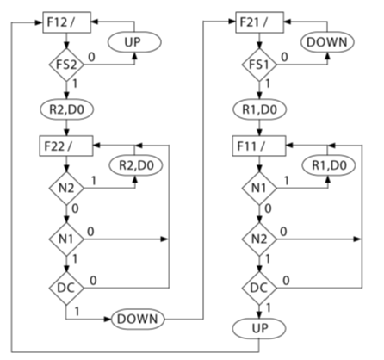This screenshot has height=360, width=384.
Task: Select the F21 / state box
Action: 259,20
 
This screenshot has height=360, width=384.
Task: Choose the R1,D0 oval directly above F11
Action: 259,109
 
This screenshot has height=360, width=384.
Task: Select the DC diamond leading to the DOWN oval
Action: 66,286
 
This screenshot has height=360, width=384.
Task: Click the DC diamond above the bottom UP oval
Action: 259,286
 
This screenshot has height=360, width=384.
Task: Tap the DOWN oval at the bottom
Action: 137,319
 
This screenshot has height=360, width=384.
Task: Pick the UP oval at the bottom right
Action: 259,329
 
